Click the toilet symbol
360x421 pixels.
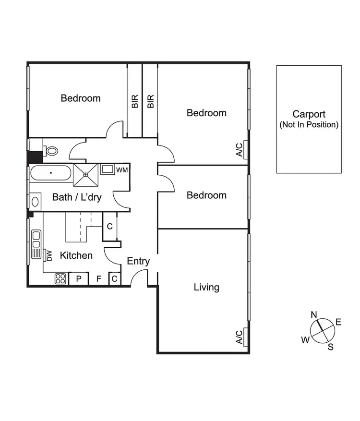[x=51, y=151]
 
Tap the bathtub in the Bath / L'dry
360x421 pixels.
[x=50, y=173]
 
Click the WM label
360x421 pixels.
[x=122, y=169]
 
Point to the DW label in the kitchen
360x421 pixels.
[x=49, y=256]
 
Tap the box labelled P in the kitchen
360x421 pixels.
[x=79, y=278]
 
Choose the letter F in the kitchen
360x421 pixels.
[x=99, y=278]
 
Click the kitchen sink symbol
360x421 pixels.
[x=36, y=244]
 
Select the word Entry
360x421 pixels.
[x=138, y=262]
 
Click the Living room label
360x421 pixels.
[x=206, y=287]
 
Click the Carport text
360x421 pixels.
[x=309, y=114]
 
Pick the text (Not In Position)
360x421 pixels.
[x=309, y=125]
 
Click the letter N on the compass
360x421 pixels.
[x=314, y=315]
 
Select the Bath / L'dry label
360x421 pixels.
[x=77, y=197]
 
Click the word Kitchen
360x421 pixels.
[x=76, y=255]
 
